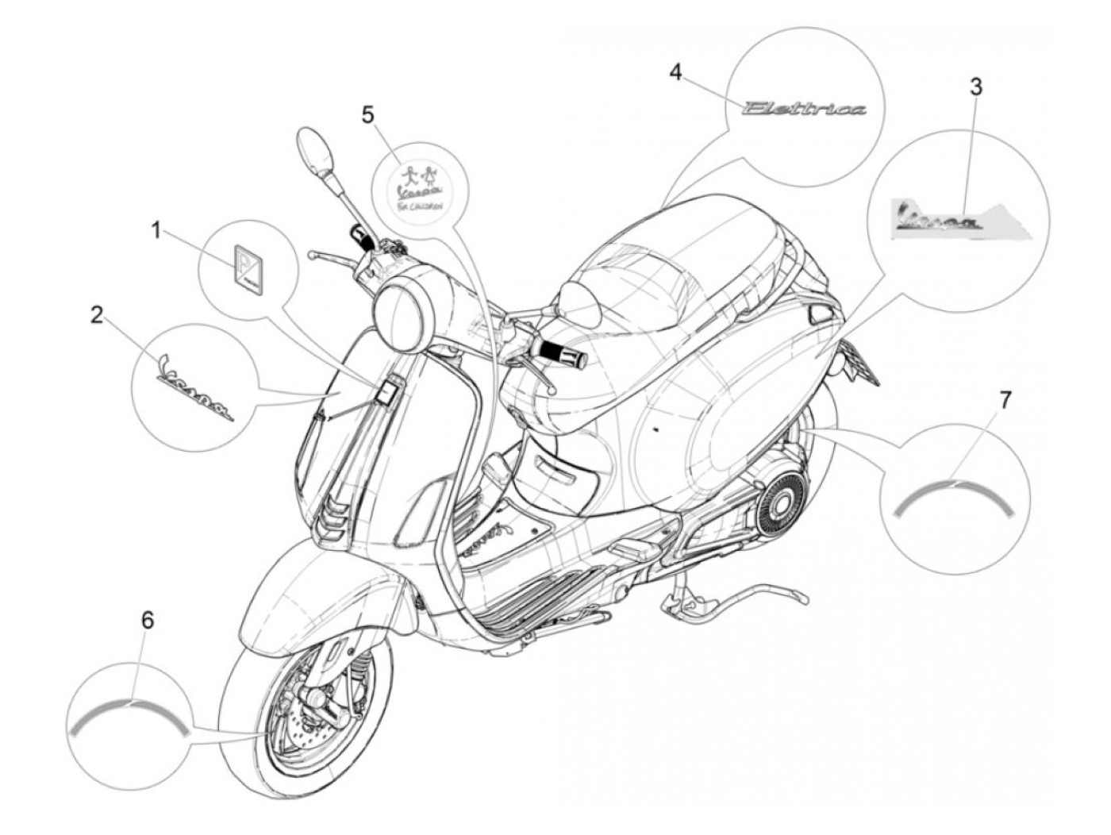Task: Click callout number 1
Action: point(156,231)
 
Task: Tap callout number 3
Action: point(975,87)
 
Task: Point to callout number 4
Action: point(675,72)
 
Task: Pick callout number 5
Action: point(367,115)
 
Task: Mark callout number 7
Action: point(1005,401)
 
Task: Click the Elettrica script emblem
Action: point(803,109)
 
